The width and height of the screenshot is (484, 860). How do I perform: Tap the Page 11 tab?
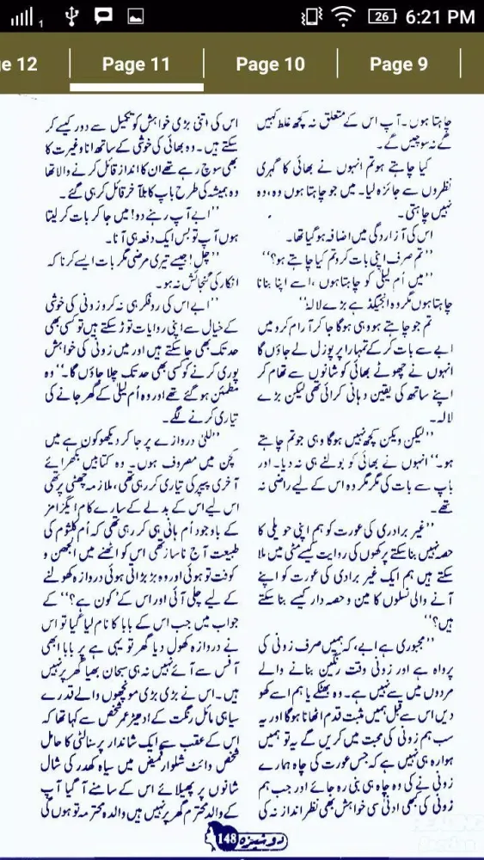click(x=136, y=64)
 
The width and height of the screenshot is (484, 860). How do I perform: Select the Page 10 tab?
click(x=270, y=64)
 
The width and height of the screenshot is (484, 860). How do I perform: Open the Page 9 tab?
click(x=399, y=64)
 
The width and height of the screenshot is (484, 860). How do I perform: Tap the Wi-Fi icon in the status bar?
click(x=343, y=16)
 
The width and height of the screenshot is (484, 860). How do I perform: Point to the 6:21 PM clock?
click(x=440, y=16)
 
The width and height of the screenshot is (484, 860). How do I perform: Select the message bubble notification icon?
click(x=103, y=15)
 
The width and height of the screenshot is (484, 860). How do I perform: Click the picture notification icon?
click(x=135, y=16)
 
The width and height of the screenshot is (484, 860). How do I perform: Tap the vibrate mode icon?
click(x=310, y=16)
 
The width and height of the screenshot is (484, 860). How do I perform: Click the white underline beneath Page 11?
click(x=136, y=87)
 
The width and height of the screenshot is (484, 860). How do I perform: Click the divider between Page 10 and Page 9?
click(x=337, y=64)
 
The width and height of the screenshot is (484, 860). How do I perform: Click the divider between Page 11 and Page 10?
click(x=204, y=64)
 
